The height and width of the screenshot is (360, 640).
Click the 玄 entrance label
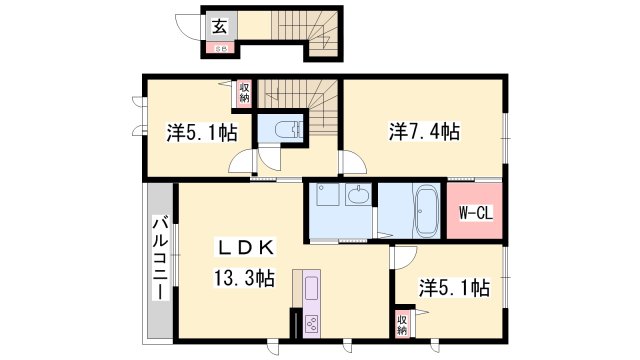pos(218,27)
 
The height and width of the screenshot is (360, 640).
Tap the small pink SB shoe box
pos(218,46)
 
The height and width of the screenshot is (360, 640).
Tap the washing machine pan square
pos(327,197)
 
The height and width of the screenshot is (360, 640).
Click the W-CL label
pos(473,212)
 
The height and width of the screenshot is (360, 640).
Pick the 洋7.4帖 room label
pos(424,131)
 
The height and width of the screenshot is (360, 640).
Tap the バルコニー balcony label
pos(159,258)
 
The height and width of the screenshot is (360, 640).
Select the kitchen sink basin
pos(308,291)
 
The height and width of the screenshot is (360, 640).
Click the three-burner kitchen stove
pos(311,323)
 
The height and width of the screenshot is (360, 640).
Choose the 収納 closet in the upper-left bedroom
pos(244,92)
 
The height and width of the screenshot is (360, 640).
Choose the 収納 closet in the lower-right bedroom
pos(401,323)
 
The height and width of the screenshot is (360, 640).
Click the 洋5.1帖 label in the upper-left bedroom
pos(201,132)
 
